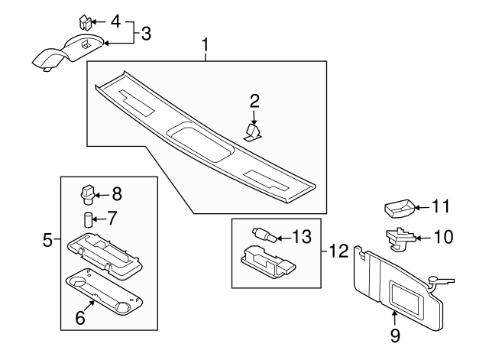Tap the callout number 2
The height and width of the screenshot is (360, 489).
255,100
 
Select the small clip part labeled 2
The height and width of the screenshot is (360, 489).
253,132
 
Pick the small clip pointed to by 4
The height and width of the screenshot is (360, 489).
86,20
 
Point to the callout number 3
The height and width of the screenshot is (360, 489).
145,33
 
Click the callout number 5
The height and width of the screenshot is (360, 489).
47,242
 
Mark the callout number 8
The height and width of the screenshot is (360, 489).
117,193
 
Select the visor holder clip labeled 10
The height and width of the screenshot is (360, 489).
397,238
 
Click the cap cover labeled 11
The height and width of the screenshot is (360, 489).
399,207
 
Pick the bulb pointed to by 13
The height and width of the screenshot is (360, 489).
261,232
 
